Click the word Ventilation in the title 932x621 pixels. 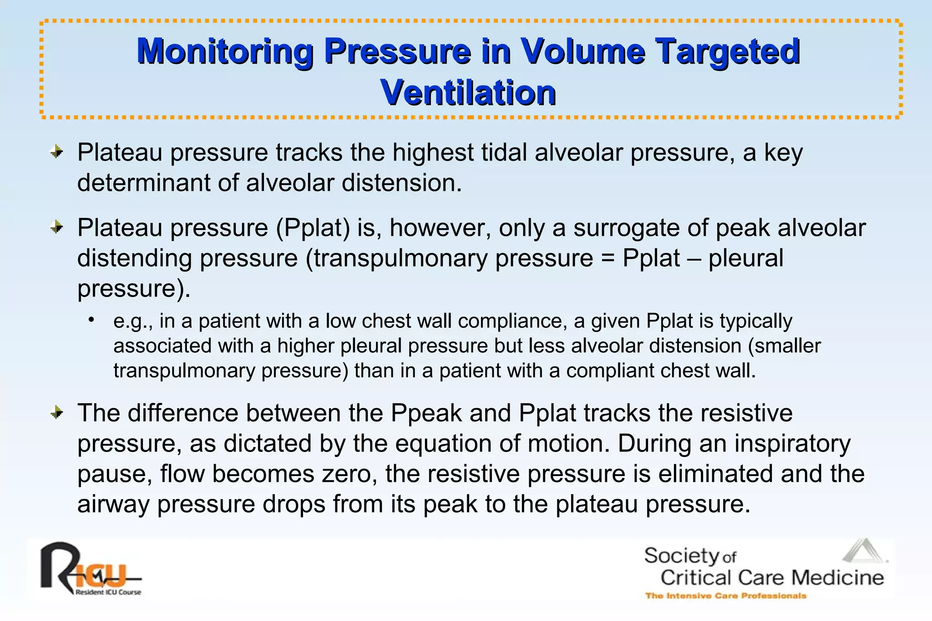(468, 93)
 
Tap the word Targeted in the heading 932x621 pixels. (724, 51)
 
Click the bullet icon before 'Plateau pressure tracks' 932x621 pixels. (56, 152)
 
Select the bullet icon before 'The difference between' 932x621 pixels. (56, 413)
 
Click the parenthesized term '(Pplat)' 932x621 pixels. (313, 227)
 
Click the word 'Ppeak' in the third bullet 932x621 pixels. (426, 413)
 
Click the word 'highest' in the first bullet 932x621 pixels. (433, 152)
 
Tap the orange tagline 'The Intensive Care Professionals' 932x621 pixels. (725, 596)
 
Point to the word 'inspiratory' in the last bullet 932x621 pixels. (792, 443)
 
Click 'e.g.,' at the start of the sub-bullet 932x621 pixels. (132, 321)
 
